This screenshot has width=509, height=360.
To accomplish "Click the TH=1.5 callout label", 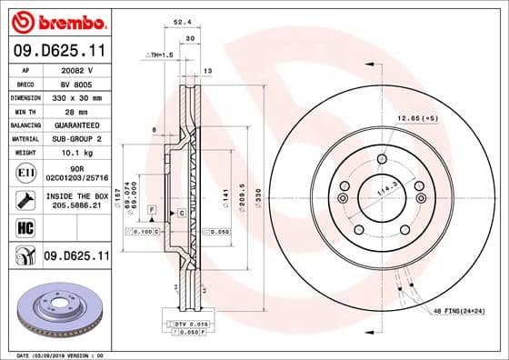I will click(159, 55).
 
